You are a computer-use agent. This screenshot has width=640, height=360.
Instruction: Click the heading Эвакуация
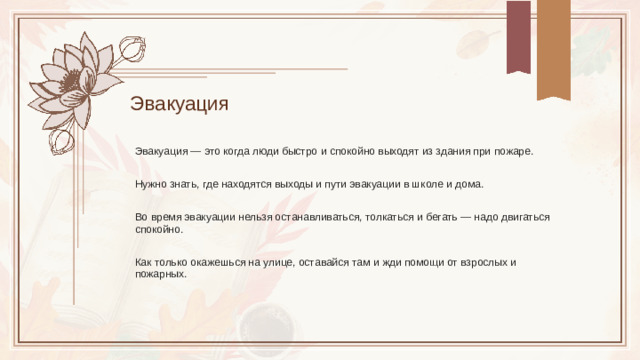click(179, 104)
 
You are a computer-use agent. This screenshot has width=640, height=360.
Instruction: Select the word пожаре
click(513, 151)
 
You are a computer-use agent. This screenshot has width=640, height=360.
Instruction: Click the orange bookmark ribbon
click(554, 47)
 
